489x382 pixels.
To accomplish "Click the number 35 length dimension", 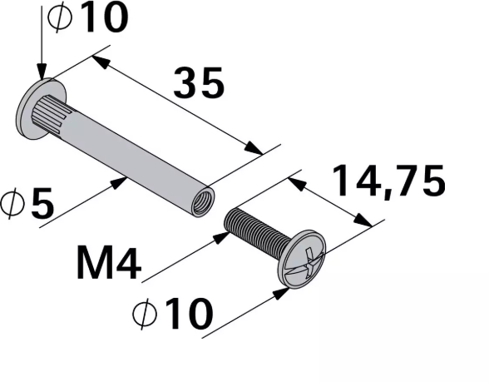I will (x=199, y=84).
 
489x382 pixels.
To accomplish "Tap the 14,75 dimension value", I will (x=388, y=181).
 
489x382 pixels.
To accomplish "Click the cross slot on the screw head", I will (x=304, y=261).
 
